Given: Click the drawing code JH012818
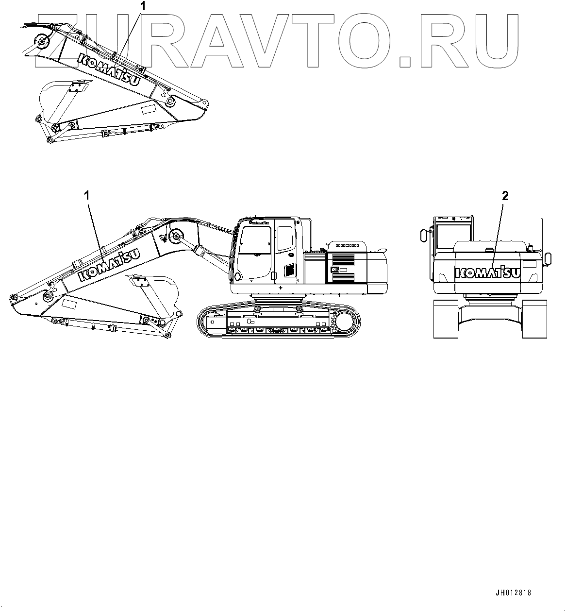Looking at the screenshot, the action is (x=514, y=593).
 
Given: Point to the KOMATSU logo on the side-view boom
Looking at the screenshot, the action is (x=109, y=265).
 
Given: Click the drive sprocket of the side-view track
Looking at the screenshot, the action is (x=345, y=322).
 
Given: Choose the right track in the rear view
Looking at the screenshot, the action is (x=534, y=319).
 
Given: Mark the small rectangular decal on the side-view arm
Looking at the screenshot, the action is (x=67, y=305).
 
